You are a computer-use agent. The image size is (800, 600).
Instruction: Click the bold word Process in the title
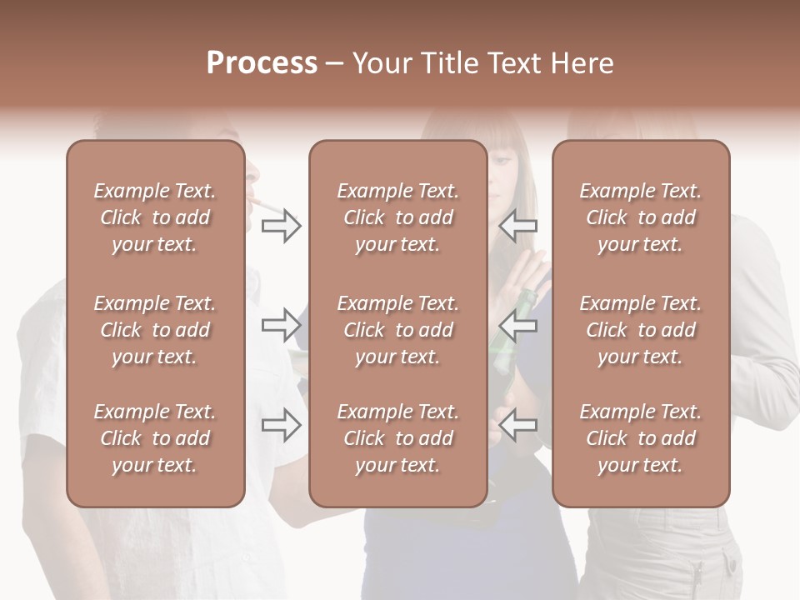pyautogui.click(x=262, y=63)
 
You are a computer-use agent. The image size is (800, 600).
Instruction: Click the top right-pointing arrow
pyautogui.click(x=281, y=226)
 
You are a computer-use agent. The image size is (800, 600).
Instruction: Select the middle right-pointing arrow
pyautogui.click(x=281, y=324)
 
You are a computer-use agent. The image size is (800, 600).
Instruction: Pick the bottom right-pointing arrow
pyautogui.click(x=281, y=425)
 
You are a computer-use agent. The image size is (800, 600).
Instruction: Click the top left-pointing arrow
pyautogui.click(x=517, y=226)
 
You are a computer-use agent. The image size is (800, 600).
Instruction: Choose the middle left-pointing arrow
pyautogui.click(x=517, y=324)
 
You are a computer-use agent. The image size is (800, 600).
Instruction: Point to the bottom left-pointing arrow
pyautogui.click(x=517, y=425)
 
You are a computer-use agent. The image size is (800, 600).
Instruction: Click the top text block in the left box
pyautogui.click(x=155, y=217)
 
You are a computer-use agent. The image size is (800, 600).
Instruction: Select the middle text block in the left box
pyautogui.click(x=155, y=330)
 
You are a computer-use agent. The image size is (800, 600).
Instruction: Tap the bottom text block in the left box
pyautogui.click(x=155, y=438)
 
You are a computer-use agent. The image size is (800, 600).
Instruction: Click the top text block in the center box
pyautogui.click(x=397, y=217)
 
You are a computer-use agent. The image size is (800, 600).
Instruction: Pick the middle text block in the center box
pyautogui.click(x=397, y=330)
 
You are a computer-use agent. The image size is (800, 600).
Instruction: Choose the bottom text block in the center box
pyautogui.click(x=397, y=438)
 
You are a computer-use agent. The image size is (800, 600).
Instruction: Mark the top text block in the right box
pyautogui.click(x=640, y=217)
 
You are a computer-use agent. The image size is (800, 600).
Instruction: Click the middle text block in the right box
pyautogui.click(x=640, y=330)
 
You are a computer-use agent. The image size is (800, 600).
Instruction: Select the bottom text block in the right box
pyautogui.click(x=640, y=438)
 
